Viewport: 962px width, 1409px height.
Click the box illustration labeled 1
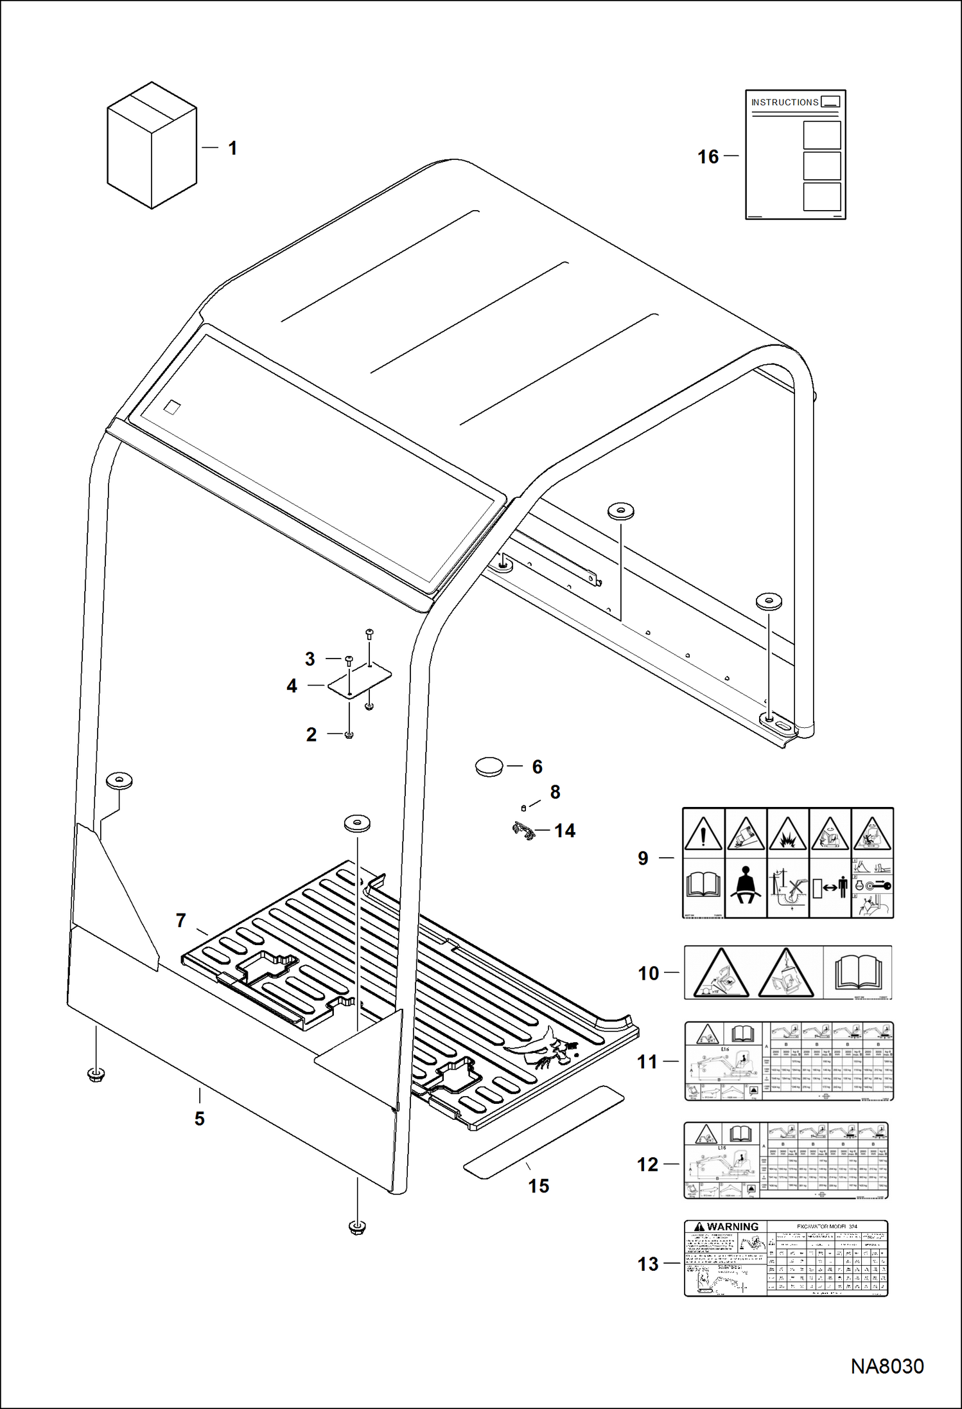click(x=152, y=145)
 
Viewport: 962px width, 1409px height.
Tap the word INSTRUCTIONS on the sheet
click(x=784, y=102)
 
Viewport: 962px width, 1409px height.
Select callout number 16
click(x=708, y=157)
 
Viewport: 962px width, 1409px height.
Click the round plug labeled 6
click(x=489, y=767)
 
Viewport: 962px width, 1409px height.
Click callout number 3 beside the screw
click(x=310, y=659)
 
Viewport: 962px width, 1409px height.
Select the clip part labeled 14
click(x=524, y=832)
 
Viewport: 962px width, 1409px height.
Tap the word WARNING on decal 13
click(x=732, y=1227)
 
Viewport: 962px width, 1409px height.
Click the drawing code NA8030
click(x=887, y=1366)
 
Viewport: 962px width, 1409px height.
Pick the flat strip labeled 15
click(x=543, y=1132)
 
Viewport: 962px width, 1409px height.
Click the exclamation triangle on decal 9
click(x=703, y=835)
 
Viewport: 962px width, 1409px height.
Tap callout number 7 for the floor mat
click(x=181, y=921)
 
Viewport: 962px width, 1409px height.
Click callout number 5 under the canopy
click(x=200, y=1119)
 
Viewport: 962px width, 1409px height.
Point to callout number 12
click(x=647, y=1164)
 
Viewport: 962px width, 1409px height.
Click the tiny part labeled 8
click(x=523, y=808)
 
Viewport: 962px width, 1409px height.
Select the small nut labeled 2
click(x=349, y=734)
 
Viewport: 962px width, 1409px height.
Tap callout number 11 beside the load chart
click(x=647, y=1061)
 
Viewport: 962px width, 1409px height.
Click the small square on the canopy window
click(x=172, y=407)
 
